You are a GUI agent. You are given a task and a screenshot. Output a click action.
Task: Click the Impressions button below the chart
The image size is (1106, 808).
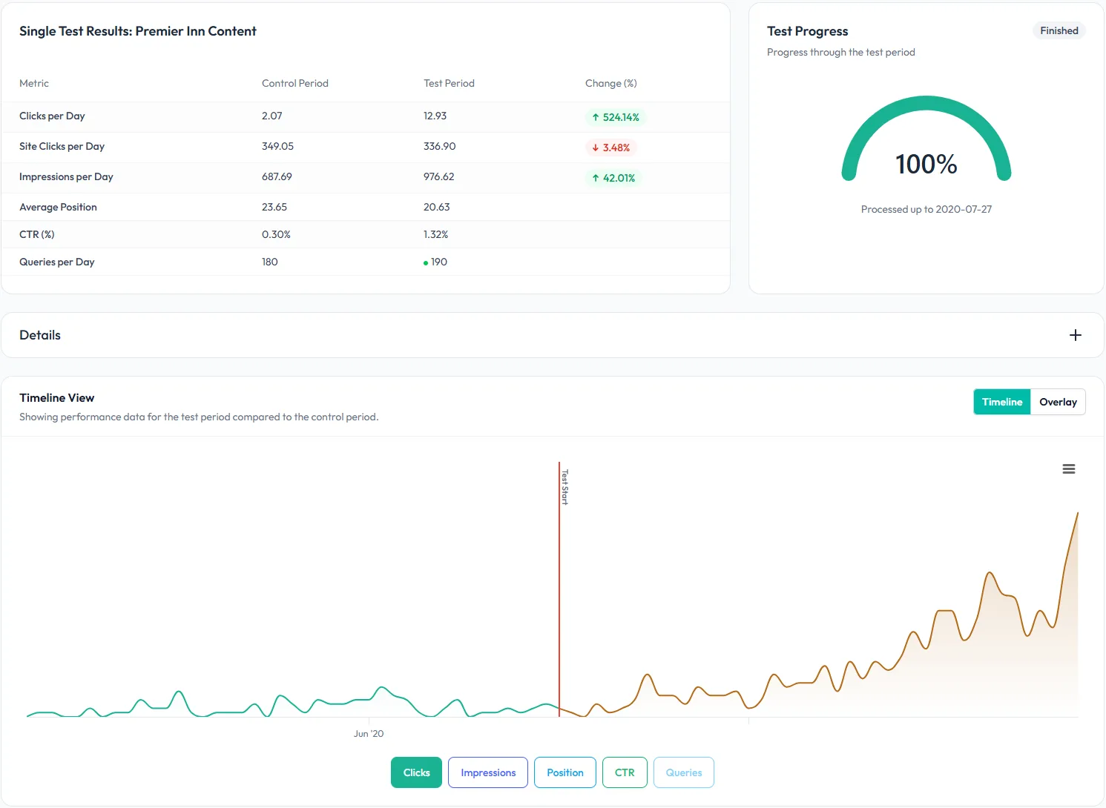(488, 772)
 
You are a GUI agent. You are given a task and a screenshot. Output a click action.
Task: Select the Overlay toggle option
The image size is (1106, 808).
(1058, 402)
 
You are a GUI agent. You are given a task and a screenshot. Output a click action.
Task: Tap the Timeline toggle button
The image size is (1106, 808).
(1001, 402)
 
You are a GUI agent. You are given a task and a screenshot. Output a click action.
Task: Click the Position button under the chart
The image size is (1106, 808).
(564, 772)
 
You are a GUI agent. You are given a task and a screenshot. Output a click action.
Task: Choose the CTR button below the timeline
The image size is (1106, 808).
(625, 772)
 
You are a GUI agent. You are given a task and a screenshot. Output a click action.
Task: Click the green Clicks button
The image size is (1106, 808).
(416, 772)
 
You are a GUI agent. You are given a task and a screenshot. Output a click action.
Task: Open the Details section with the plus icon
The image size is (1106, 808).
(1075, 335)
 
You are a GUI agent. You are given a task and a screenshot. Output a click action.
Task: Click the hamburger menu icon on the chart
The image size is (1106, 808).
(1068, 469)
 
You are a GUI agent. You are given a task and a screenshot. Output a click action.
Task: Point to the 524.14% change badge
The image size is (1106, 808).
(615, 117)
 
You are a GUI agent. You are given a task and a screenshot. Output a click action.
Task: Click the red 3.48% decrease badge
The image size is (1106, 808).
(610, 148)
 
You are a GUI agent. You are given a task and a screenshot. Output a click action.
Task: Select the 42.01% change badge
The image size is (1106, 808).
(613, 178)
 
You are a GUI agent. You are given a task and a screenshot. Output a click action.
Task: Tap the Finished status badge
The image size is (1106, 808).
(1059, 30)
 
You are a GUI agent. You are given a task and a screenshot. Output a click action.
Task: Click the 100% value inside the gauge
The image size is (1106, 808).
(926, 164)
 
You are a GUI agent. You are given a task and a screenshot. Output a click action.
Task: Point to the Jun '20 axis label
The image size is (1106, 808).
(369, 734)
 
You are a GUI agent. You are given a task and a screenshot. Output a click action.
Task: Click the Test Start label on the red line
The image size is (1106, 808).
(564, 486)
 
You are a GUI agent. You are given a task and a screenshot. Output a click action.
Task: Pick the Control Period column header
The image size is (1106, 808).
(294, 83)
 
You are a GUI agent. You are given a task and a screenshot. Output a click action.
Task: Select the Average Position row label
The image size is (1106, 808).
(58, 207)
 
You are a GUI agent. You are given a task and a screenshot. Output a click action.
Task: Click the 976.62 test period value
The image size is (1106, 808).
(438, 176)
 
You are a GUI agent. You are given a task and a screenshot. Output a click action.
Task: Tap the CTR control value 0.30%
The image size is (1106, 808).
(276, 234)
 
